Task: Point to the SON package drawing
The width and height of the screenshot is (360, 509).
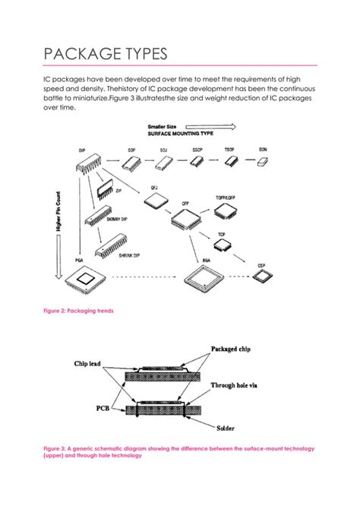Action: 264,162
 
